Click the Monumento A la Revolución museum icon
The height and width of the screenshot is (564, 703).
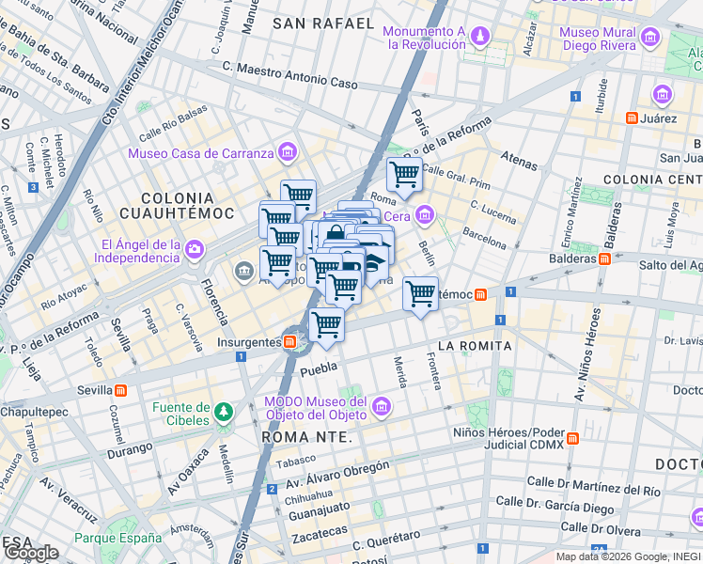pos(480,37)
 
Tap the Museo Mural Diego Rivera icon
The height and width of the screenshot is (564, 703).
pos(650,38)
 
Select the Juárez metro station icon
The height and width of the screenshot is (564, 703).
pos(633,118)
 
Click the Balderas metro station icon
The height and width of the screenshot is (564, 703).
pos(604,258)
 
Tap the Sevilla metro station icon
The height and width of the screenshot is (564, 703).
pos(121,390)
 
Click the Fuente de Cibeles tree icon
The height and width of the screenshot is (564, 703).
pos(223,412)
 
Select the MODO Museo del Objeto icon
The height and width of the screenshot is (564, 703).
pos(381,406)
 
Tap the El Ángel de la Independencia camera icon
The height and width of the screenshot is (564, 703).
pos(194,249)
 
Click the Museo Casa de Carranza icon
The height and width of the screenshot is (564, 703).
pos(287,152)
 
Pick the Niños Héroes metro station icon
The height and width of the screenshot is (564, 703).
pos(572,440)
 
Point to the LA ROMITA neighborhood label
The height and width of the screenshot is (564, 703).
pos(475,346)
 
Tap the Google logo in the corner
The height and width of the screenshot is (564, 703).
pos(32,552)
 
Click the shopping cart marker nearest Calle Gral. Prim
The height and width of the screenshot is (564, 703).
pos(404,174)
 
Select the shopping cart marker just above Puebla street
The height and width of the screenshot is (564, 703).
pos(326,324)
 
